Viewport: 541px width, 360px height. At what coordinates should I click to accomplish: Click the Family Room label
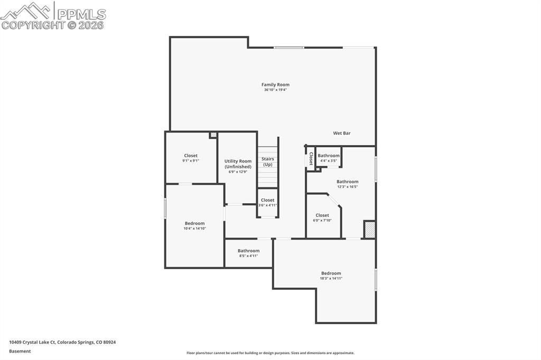(275, 84)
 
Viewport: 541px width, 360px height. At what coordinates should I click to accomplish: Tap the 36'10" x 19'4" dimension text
(275, 90)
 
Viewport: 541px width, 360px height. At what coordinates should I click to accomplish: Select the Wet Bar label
(341, 133)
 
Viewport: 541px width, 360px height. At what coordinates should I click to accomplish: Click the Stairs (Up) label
(268, 162)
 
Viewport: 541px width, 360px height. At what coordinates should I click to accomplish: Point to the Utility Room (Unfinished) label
(238, 164)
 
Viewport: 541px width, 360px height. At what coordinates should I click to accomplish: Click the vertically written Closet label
(311, 158)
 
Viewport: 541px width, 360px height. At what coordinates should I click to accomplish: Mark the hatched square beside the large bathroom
(370, 230)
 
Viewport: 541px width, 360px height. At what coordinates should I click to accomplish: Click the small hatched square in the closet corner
(213, 135)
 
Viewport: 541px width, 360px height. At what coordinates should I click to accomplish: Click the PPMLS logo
(53, 15)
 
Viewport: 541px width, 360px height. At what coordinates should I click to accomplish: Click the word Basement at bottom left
(20, 351)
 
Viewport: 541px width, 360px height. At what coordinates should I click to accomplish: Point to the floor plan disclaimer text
(270, 353)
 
